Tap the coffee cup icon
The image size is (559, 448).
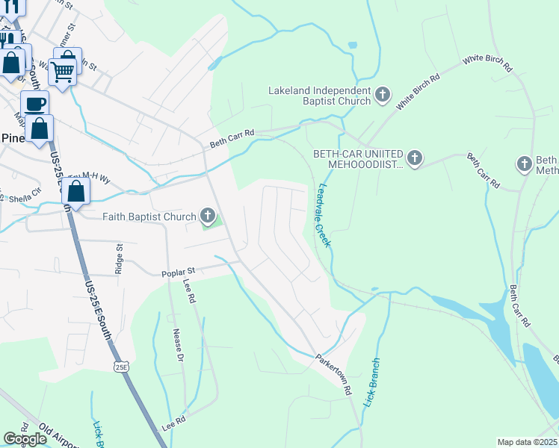(34, 103)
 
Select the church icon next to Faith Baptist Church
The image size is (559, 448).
(208, 217)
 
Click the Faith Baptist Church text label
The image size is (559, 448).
(149, 217)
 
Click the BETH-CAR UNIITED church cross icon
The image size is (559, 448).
(415, 158)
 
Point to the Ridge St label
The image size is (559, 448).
(118, 258)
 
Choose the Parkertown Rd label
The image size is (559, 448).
(334, 373)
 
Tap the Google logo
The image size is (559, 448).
(25, 439)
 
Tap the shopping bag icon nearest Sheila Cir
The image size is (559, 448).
(76, 192)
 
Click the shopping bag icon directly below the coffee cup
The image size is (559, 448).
(41, 128)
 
